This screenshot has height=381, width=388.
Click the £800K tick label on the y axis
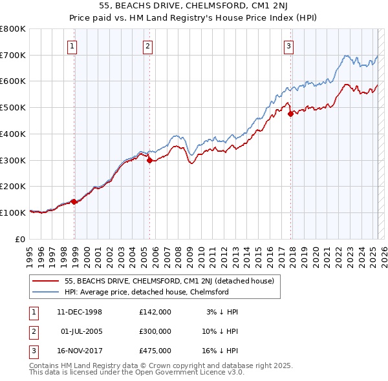13,29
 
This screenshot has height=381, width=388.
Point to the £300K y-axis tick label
13,160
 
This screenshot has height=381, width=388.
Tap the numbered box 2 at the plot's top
148,46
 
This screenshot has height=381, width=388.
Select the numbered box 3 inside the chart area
288,46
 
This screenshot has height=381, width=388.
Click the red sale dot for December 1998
74,201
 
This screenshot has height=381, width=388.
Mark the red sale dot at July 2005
149,161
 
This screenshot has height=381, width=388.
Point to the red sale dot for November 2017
290,114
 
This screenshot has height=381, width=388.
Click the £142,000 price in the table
155,312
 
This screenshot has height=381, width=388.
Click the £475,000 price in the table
155,351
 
